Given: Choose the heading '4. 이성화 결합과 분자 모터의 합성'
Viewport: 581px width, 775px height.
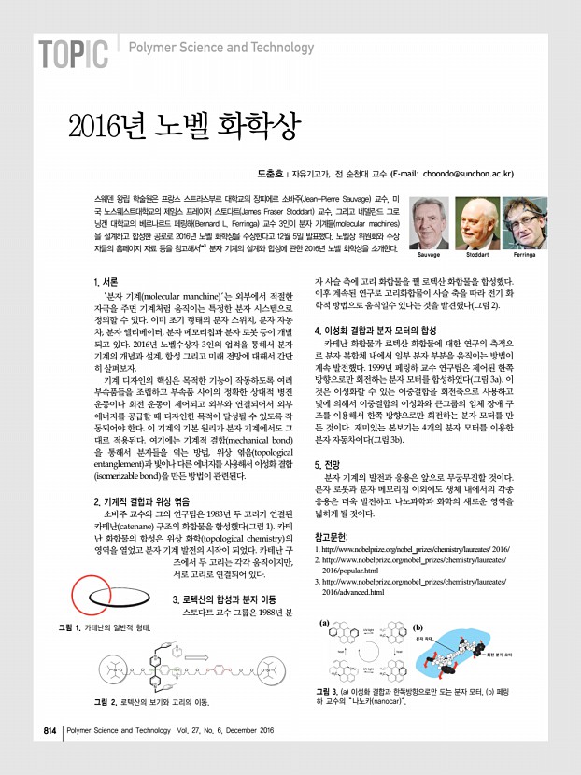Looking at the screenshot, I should [398, 331].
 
